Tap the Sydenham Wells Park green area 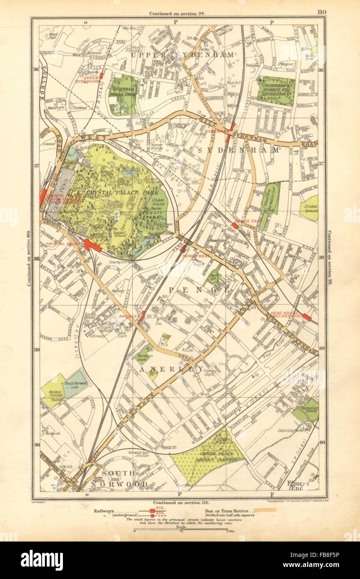pyautogui.click(x=123, y=95)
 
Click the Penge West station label pyautogui.click(x=195, y=256)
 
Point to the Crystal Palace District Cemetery pyautogui.click(x=207, y=456)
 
